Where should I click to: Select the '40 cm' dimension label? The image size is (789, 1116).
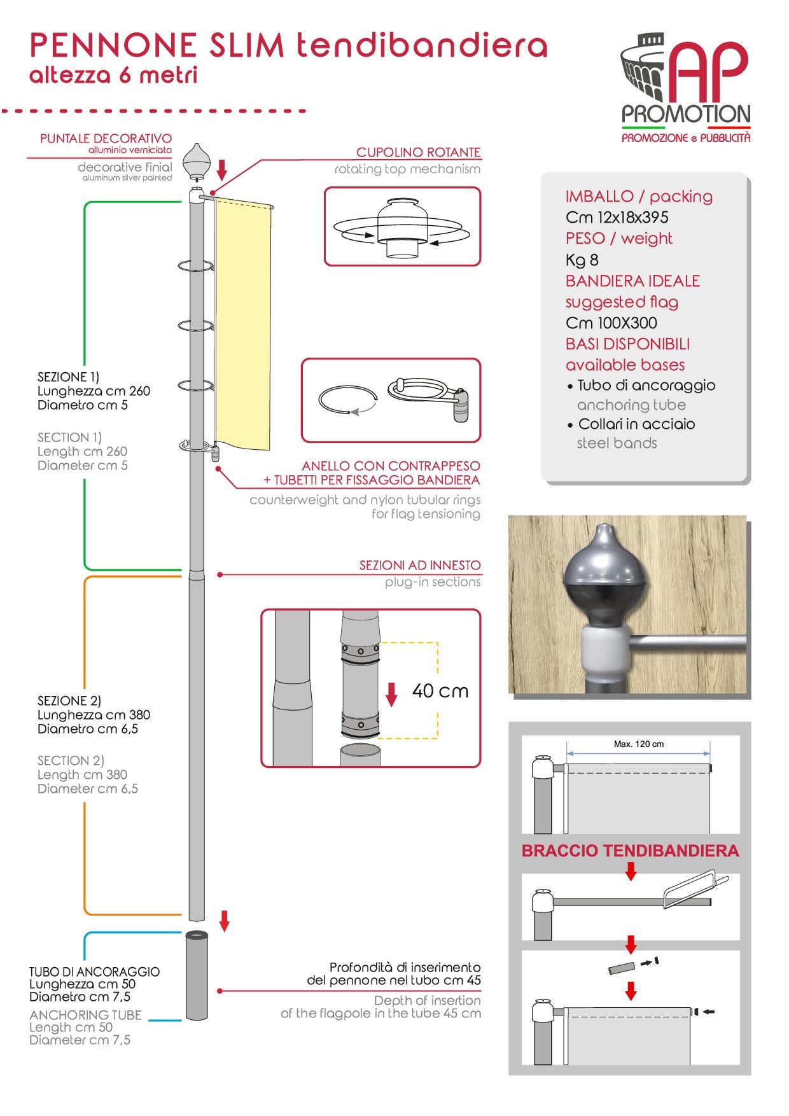coord(440,691)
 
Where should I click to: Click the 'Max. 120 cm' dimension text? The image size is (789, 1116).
coord(638,744)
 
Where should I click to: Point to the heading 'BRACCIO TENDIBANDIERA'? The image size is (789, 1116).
coord(630,851)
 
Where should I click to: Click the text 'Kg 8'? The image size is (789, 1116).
coord(582,260)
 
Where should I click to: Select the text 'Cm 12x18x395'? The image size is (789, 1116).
coord(617,218)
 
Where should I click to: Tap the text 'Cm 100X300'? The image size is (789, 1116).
coord(611,323)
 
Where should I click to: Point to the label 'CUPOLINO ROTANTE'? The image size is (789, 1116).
coord(418,153)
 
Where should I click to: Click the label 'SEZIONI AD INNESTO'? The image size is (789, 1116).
coord(419,565)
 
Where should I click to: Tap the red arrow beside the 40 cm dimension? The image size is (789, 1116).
coord(391,694)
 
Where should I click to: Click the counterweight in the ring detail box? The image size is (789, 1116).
coord(460,407)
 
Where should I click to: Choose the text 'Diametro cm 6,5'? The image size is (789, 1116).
coord(87,729)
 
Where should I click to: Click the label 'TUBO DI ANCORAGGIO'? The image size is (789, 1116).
coord(94,972)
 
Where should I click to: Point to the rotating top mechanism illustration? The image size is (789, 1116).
coord(401,227)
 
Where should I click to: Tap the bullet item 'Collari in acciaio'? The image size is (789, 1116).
coord(636,424)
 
